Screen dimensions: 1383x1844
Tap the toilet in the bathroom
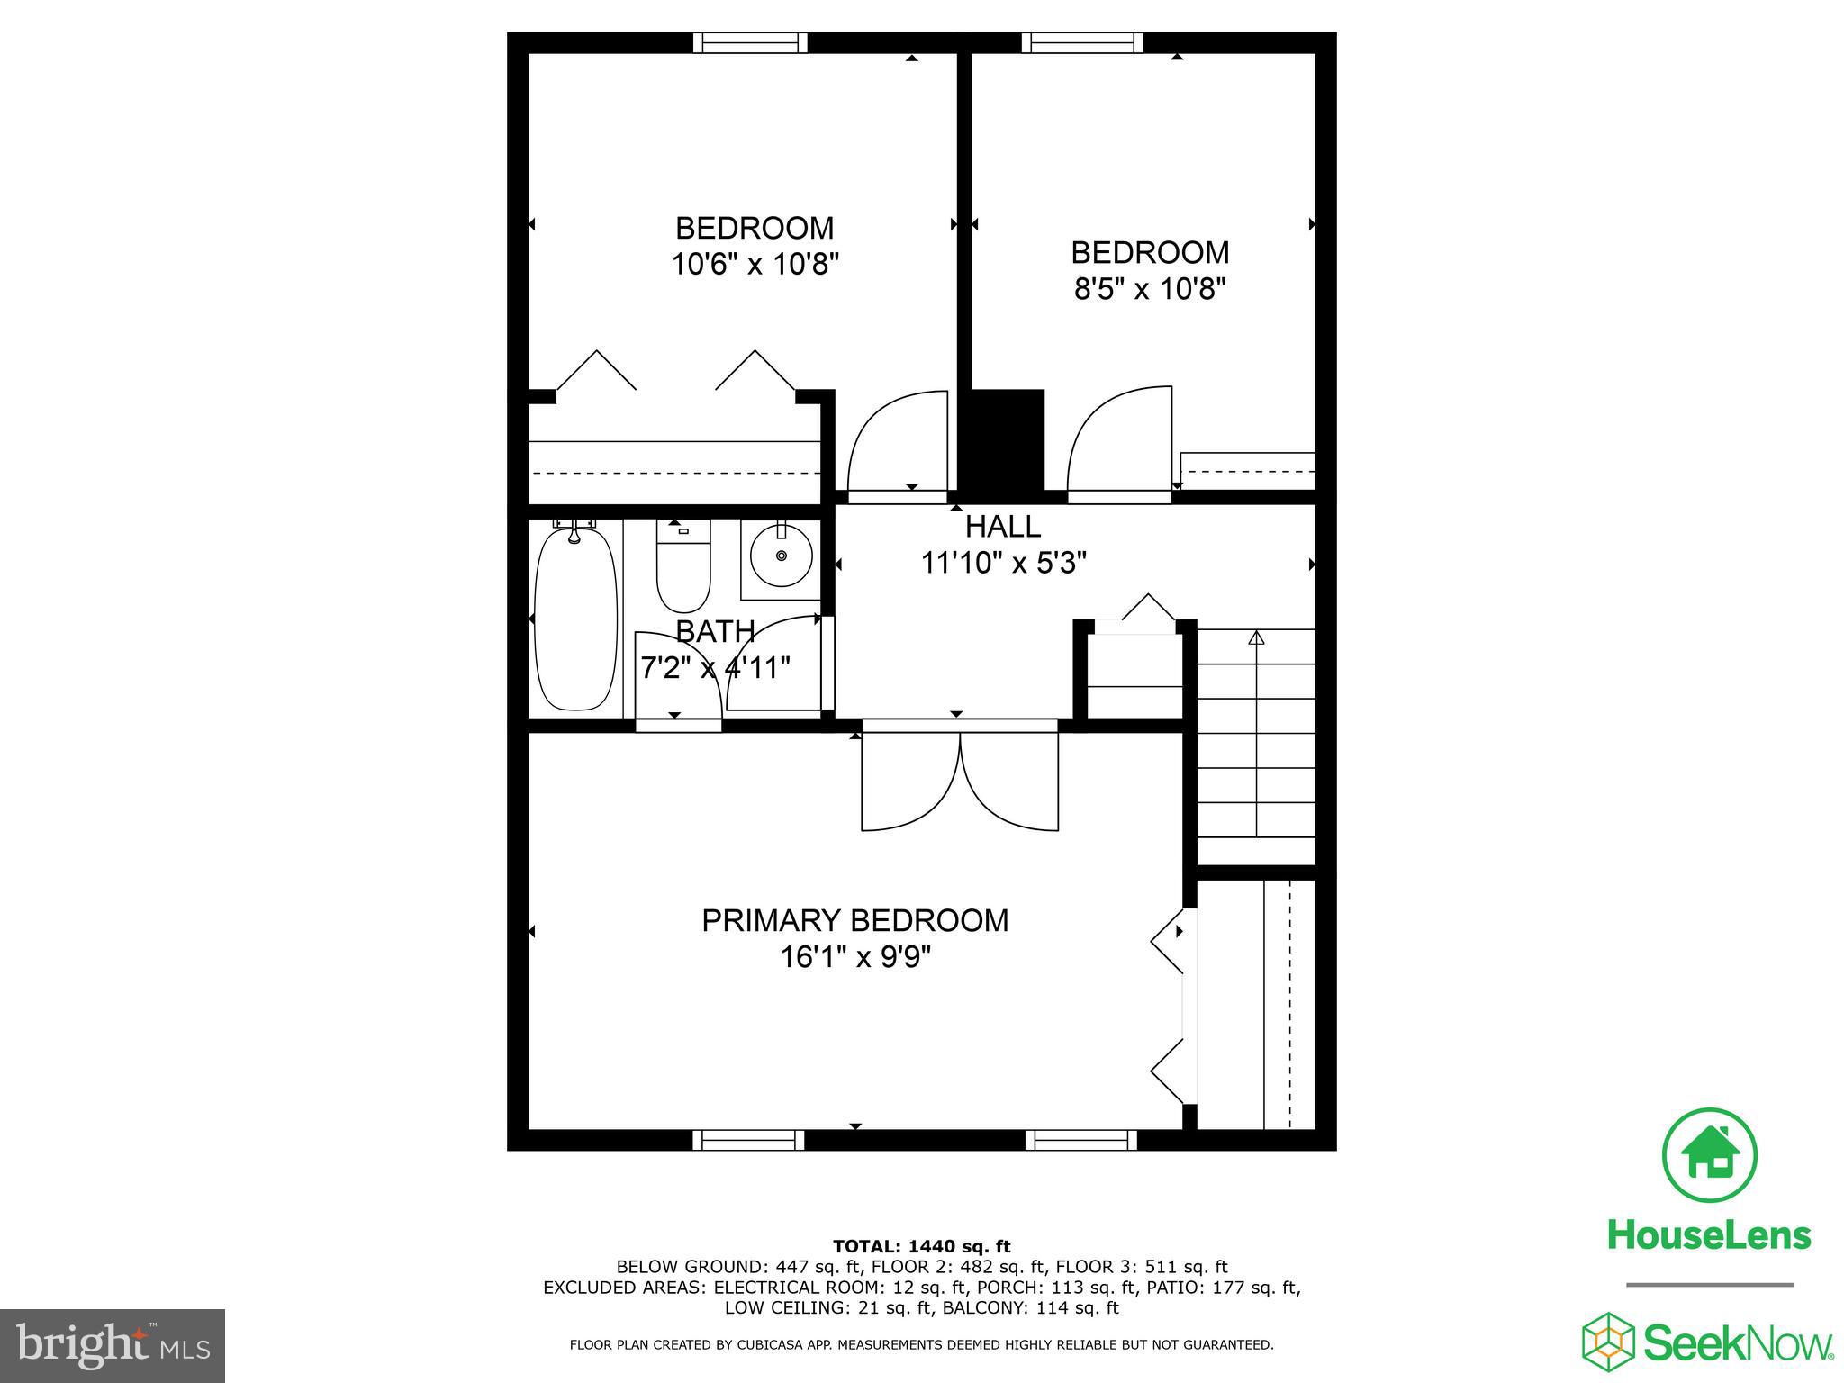pyautogui.click(x=683, y=567)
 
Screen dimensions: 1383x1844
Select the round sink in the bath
pyautogui.click(x=781, y=556)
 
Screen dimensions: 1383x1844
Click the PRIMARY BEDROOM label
pyautogui.click(x=854, y=920)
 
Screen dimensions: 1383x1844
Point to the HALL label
pyautogui.click(x=1002, y=526)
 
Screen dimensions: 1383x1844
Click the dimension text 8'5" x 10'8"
pyautogui.click(x=1150, y=289)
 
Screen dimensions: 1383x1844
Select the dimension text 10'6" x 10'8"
pyautogui.click(x=755, y=265)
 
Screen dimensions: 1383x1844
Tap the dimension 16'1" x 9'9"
pyautogui.click(x=854, y=956)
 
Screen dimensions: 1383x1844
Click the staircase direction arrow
pyautogui.click(x=1256, y=638)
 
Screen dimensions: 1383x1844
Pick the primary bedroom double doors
pyautogui.click(x=960, y=779)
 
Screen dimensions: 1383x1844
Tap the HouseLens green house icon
pyautogui.click(x=1708, y=1156)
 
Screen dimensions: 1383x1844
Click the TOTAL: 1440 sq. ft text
pyautogui.click(x=921, y=1247)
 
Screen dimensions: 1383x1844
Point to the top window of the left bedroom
pyautogui.click(x=750, y=42)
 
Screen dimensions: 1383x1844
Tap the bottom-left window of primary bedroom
pyautogui.click(x=748, y=1141)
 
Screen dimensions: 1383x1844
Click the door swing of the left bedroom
pyautogui.click(x=898, y=443)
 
